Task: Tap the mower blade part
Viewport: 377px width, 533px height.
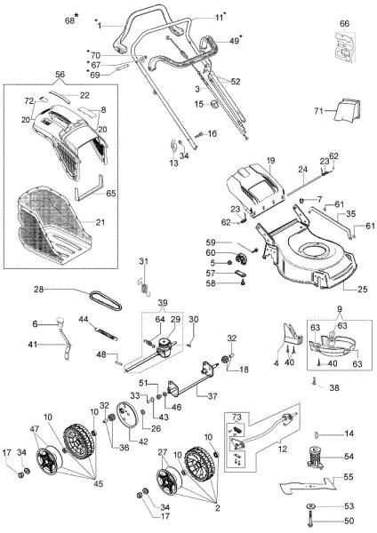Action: (308, 486)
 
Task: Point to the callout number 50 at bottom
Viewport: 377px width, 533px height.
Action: (349, 519)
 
